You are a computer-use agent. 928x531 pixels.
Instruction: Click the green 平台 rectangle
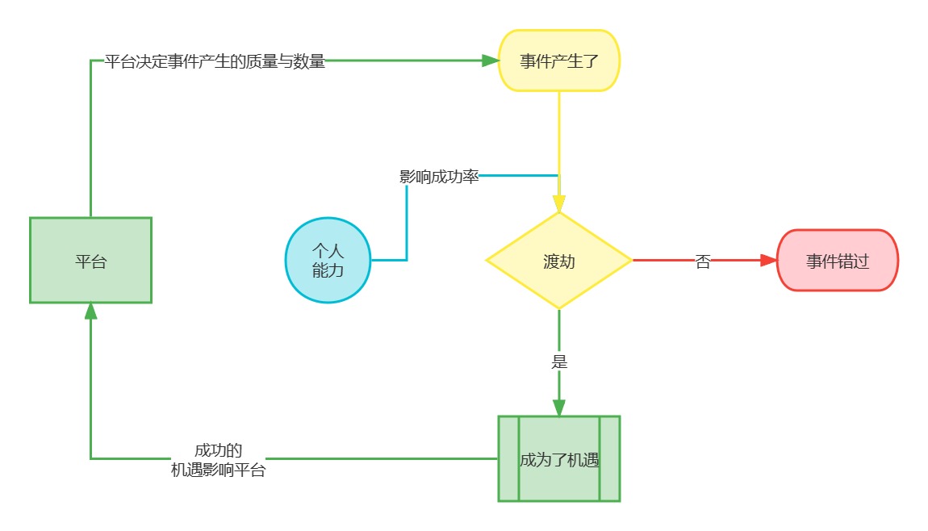90,261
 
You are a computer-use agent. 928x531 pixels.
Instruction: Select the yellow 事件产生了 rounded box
559,61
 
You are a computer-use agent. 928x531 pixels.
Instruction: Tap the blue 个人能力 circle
328,261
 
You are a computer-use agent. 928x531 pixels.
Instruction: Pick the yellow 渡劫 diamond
559,261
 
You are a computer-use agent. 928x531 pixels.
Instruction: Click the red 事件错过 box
838,261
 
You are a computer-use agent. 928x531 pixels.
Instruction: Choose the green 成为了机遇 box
559,459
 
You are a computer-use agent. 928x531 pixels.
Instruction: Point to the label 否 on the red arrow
703,261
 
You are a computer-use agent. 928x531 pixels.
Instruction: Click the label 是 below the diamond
559,361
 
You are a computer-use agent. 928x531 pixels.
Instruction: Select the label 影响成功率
439,177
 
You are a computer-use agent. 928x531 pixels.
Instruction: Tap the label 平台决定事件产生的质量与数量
215,61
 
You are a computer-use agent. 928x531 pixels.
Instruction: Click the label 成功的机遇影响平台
219,460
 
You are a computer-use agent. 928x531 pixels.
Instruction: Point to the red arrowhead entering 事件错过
768,261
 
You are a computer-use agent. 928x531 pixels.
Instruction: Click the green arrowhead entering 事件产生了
491,61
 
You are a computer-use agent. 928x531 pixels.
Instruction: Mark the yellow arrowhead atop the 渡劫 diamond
559,203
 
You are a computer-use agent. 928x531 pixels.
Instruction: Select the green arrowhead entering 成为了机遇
559,408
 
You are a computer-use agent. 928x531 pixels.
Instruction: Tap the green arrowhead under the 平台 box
90,311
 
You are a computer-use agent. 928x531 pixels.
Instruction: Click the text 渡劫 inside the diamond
559,261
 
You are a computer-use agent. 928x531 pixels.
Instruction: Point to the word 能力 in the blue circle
328,270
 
